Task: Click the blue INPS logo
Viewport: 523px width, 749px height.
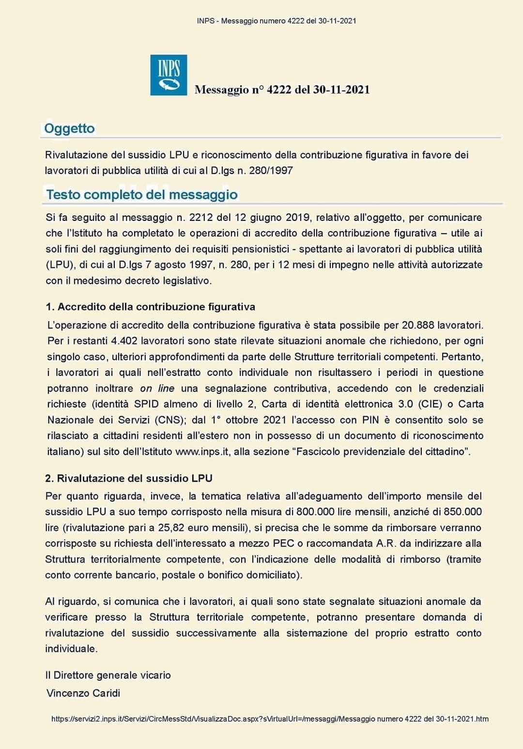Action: (x=169, y=75)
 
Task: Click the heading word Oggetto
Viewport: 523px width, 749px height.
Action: (x=69, y=128)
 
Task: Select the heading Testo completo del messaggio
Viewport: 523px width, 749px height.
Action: (x=142, y=195)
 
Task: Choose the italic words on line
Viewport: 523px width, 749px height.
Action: (x=157, y=389)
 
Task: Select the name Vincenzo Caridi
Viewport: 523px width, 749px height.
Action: (x=83, y=693)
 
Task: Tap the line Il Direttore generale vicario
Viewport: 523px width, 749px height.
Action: (x=108, y=675)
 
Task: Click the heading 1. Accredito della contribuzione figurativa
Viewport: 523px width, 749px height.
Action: (x=151, y=307)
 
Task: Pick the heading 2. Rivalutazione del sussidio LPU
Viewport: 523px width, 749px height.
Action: (x=129, y=478)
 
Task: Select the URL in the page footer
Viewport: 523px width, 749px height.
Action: (x=270, y=719)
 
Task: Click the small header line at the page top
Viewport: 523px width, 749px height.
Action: (x=277, y=21)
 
